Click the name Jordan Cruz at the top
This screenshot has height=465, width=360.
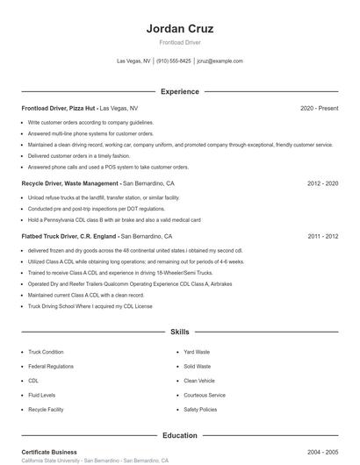click(x=179, y=28)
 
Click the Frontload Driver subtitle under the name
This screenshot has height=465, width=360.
click(x=179, y=42)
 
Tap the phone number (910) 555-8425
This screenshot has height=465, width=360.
click(x=174, y=61)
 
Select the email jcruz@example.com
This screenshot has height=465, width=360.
click(x=220, y=61)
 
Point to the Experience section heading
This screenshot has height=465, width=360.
click(x=179, y=91)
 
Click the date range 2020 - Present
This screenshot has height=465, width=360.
click(x=319, y=108)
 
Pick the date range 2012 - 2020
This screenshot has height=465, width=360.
click(x=322, y=183)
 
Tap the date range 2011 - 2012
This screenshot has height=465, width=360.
click(x=322, y=236)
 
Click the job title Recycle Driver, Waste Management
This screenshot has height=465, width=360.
click(x=70, y=183)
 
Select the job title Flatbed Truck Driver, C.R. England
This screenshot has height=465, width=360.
click(x=68, y=236)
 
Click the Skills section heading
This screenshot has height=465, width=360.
click(x=179, y=333)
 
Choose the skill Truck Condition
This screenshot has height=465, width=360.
click(x=46, y=352)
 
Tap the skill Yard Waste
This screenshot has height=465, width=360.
click(x=197, y=352)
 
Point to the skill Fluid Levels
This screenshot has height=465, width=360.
click(x=41, y=395)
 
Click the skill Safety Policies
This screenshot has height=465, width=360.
click(x=200, y=410)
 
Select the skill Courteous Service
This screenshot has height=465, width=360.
click(x=205, y=395)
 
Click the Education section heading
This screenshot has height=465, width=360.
click(x=179, y=435)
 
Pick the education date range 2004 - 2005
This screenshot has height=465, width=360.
click(x=322, y=452)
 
